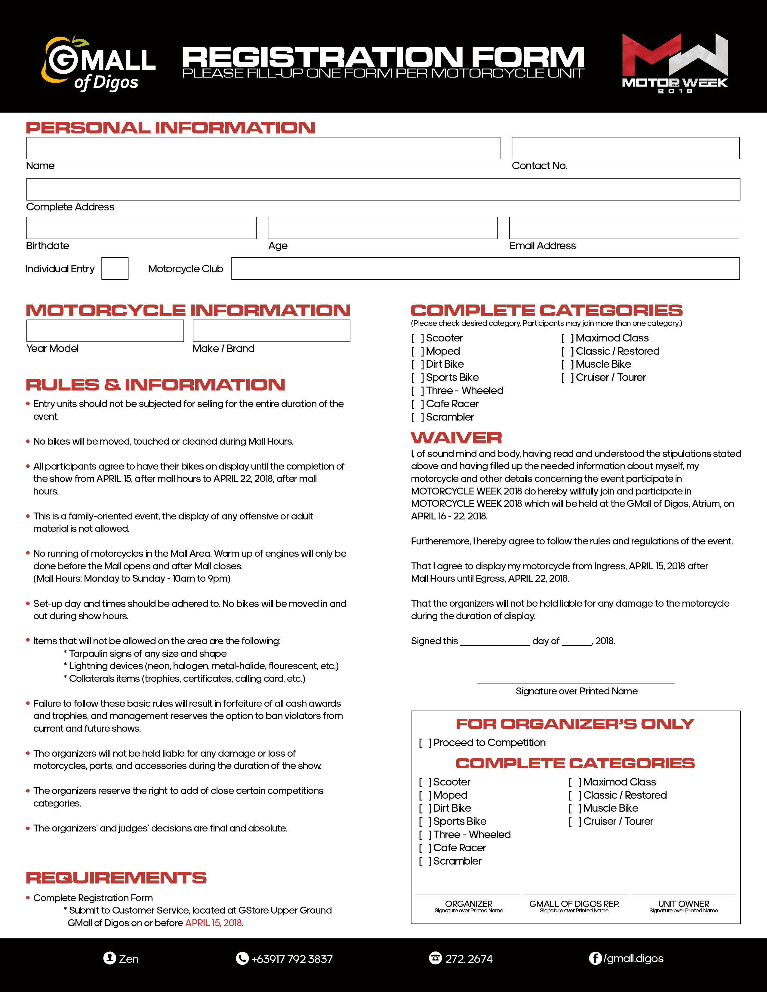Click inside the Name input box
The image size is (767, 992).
coord(263,148)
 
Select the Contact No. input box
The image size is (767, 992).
coord(625,148)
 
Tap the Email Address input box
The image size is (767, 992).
coord(624,228)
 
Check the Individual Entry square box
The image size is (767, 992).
coord(115,268)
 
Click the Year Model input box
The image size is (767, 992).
coord(105,331)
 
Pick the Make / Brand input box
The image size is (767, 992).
coord(271,331)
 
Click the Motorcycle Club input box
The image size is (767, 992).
coord(485,268)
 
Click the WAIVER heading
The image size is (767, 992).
coord(456,437)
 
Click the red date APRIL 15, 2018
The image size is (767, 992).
coord(213,923)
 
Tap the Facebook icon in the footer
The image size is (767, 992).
coord(595,958)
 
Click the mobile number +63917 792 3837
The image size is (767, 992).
coord(292,959)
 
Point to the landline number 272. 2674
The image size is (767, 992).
coord(468,959)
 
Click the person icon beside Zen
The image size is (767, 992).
coord(109,958)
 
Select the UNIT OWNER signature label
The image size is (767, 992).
coord(683,904)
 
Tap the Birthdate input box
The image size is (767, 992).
coord(141,228)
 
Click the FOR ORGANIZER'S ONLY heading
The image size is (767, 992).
coord(575,724)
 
